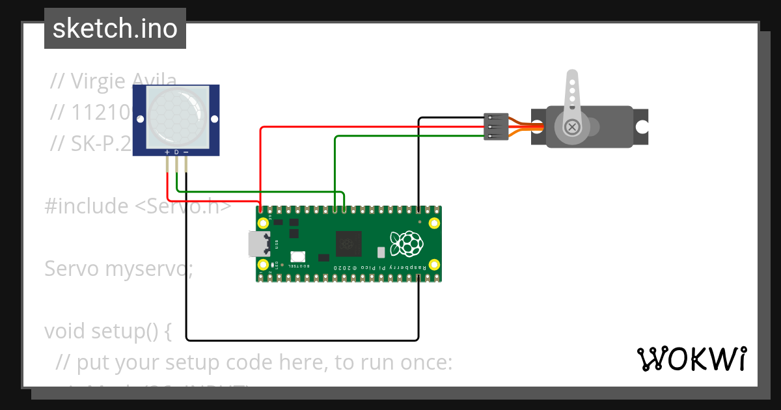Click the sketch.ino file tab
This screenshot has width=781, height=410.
click(x=115, y=29)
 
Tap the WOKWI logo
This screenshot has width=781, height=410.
click(x=691, y=359)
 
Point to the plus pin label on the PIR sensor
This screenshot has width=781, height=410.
click(x=167, y=152)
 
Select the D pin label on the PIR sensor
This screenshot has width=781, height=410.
click(x=176, y=152)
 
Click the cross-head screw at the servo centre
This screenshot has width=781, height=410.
click(x=572, y=126)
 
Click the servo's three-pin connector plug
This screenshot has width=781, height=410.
click(x=496, y=126)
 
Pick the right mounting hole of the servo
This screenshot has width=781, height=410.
click(x=642, y=126)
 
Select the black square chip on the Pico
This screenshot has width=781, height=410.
click(x=348, y=244)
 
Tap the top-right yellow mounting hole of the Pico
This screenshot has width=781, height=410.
click(x=434, y=223)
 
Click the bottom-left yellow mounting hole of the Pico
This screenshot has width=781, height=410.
click(x=264, y=265)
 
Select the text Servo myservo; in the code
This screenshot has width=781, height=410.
click(x=118, y=268)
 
